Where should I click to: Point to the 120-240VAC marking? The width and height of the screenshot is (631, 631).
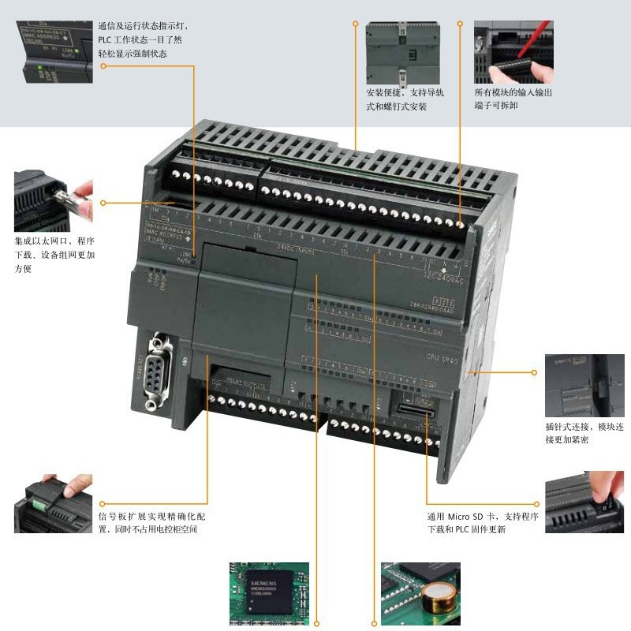[443, 277]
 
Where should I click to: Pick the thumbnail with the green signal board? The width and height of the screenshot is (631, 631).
[53, 502]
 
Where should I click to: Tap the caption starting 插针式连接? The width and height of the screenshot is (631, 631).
[584, 433]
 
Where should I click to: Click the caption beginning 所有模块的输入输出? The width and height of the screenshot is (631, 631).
[513, 99]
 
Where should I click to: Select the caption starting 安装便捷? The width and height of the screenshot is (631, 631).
[405, 99]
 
